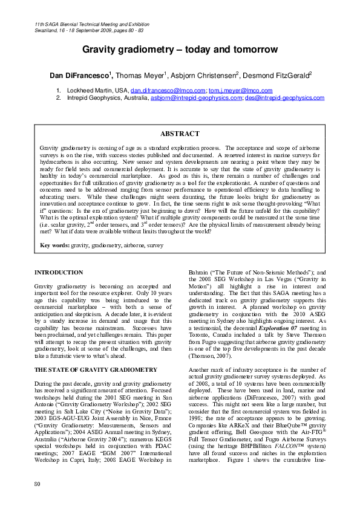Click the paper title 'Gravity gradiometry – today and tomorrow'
pos(180,50)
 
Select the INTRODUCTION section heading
pos(59,273)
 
